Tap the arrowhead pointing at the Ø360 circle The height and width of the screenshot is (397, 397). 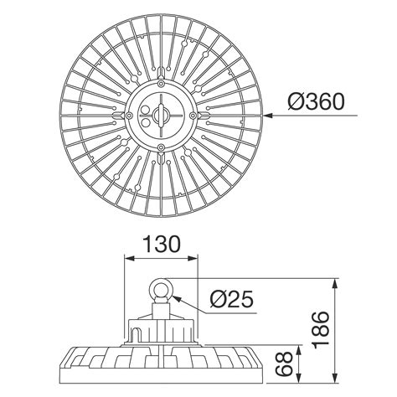click(266, 116)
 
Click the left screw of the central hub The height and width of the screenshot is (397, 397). click(126, 116)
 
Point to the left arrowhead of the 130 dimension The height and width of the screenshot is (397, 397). click(128, 259)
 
